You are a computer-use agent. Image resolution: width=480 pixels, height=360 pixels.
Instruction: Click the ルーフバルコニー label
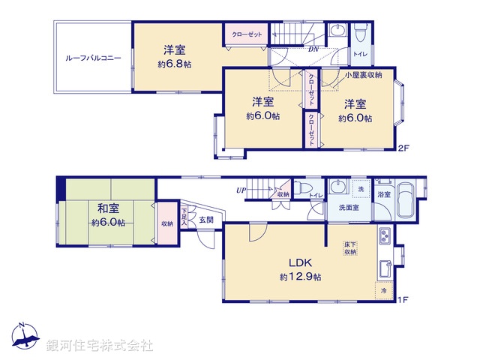click(x=93, y=58)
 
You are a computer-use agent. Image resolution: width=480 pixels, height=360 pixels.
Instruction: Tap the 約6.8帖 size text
click(x=174, y=64)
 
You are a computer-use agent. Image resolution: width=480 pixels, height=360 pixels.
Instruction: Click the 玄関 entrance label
click(x=206, y=220)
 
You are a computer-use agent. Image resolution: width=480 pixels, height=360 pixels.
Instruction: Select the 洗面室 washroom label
click(x=349, y=208)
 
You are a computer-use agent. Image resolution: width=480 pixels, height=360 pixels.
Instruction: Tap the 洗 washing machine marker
click(x=361, y=187)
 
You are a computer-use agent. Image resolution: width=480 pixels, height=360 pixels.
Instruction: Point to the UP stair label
click(x=240, y=190)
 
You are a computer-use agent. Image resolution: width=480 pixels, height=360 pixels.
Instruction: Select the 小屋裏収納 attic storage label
click(x=364, y=75)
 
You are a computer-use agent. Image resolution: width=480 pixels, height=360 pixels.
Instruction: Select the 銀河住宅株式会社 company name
click(x=100, y=345)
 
